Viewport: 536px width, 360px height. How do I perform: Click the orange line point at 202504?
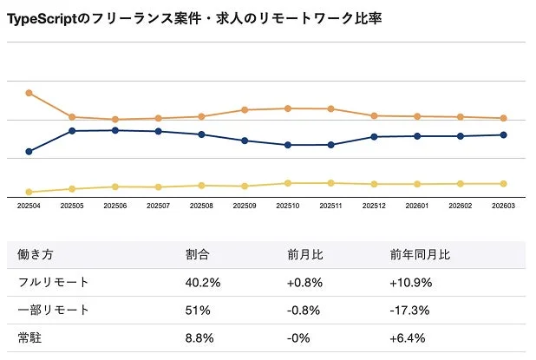pos(29,93)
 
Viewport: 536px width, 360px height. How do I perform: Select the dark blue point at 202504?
pos(29,152)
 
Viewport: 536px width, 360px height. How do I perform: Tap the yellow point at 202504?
pos(29,192)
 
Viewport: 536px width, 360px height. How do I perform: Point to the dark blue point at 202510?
pos(287,145)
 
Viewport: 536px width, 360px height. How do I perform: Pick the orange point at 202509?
pos(244,110)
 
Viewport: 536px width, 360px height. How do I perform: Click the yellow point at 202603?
pos(504,184)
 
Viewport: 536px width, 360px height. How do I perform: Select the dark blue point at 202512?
pos(374,137)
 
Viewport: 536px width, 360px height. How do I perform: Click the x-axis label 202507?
pos(158,206)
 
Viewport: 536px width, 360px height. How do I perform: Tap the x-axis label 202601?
pos(417,206)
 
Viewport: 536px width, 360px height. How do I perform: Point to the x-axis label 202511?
pos(330,206)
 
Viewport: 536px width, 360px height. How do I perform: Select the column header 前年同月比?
pos(420,255)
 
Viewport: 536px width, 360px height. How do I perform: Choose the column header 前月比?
pos(305,255)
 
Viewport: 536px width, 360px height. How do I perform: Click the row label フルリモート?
pos(54,283)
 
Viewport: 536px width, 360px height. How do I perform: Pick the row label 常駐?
pos(29,338)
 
